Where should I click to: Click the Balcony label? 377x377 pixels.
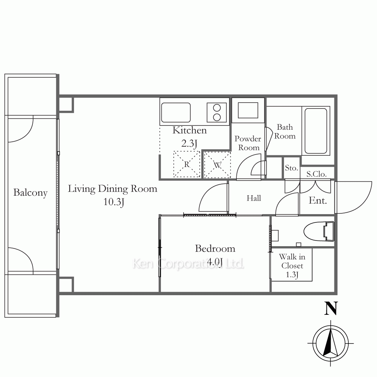point(30,193)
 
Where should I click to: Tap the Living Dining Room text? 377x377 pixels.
point(112,189)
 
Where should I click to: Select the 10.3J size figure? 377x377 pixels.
point(113,202)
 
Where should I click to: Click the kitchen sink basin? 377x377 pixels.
point(176,112)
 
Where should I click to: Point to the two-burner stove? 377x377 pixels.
point(217,112)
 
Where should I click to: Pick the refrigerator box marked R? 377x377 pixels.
point(187,164)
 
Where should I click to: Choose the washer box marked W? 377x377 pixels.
point(218,165)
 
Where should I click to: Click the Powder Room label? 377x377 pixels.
point(248,143)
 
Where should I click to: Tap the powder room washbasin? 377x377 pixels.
point(248,110)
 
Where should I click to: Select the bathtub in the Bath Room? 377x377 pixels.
point(316,131)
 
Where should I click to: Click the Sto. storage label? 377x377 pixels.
point(291,168)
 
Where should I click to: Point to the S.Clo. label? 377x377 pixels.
point(316,174)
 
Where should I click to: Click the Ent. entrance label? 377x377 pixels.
point(318,201)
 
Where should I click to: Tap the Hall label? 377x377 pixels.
point(254,198)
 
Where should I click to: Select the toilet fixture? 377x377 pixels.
point(319,231)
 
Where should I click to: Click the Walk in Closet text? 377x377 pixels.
point(292,261)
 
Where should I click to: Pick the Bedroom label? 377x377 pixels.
point(215,248)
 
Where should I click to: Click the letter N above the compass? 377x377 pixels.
point(331,308)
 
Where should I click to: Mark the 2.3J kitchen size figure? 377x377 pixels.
point(190,143)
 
